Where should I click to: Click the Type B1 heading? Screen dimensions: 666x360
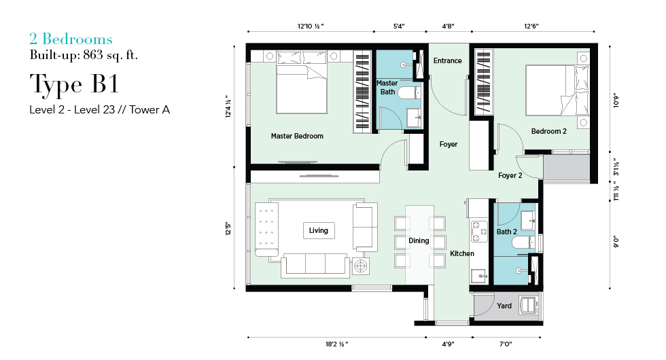[x=74, y=84]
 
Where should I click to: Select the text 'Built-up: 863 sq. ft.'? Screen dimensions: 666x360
[x=84, y=55]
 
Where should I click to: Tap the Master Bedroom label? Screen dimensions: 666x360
[x=297, y=136]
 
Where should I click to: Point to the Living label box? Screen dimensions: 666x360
[x=319, y=230]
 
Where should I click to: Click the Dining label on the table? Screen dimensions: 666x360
[x=419, y=240]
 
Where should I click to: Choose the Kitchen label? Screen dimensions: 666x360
[x=462, y=253]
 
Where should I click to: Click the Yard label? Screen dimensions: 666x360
[x=504, y=306]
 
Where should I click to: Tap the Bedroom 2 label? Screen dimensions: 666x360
[x=549, y=131]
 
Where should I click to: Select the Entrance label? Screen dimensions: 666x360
[x=447, y=60]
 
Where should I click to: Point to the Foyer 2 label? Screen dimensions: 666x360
[x=510, y=175]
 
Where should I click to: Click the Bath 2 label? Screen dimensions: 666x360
[x=507, y=232]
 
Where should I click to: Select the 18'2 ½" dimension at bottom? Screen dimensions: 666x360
[x=337, y=344]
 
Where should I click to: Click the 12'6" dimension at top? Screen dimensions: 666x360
[x=531, y=26]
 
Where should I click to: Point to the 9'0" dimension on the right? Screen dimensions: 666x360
[x=616, y=242]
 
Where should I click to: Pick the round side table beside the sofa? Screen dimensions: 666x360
[x=361, y=266]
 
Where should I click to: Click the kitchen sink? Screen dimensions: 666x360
[x=479, y=276]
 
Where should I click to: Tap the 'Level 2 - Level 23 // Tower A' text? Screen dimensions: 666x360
[x=99, y=109]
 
